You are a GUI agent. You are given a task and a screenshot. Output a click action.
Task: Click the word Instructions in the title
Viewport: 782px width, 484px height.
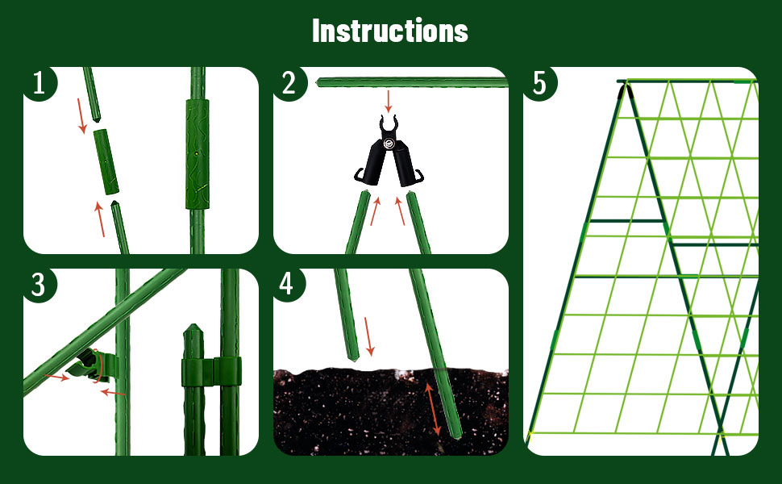tap(390, 31)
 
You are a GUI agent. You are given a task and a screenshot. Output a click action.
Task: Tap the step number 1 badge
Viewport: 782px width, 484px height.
tap(39, 83)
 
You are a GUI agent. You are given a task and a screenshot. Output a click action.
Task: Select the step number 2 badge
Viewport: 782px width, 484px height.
tap(289, 83)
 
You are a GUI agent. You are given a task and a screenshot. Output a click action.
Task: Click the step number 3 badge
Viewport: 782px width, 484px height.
tap(39, 285)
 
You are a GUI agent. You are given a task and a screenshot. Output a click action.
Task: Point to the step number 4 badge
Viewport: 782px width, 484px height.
tap(289, 285)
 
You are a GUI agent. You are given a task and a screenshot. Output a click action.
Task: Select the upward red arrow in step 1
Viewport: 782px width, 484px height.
tap(101, 219)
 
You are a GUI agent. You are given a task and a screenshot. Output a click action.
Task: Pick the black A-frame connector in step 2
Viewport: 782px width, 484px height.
tap(390, 157)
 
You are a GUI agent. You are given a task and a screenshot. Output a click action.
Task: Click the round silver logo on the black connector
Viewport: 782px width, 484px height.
tap(390, 145)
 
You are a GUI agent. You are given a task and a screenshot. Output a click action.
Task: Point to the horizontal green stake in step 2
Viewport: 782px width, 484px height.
tap(411, 82)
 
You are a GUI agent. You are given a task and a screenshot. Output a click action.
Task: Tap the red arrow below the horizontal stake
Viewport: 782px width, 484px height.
tap(389, 101)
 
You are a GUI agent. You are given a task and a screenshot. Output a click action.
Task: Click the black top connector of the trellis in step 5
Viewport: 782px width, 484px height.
tap(624, 86)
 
